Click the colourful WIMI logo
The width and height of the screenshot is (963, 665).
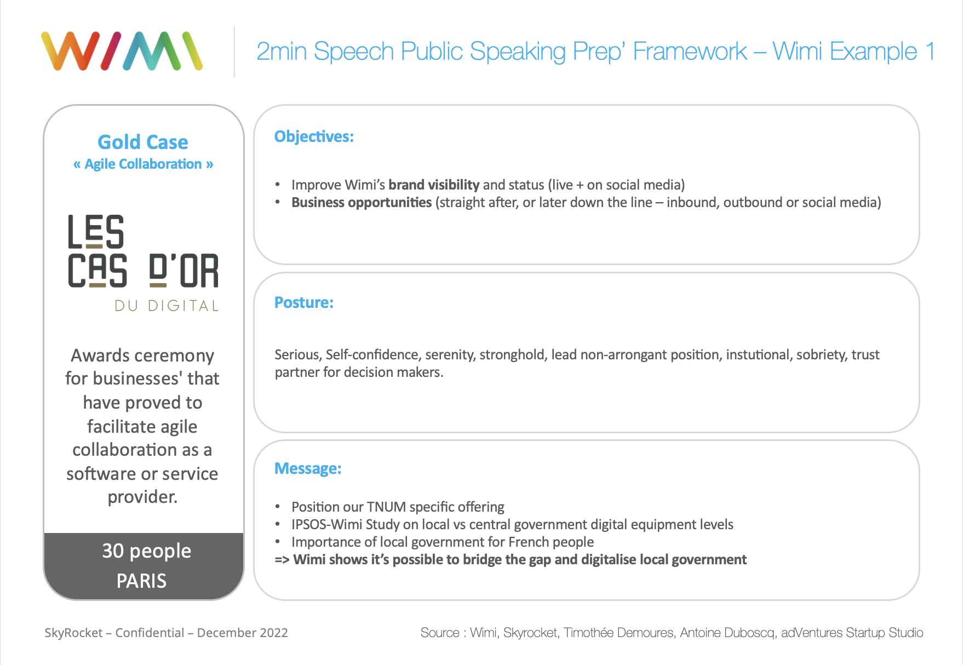[x=122, y=51]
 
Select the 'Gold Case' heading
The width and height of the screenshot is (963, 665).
[x=143, y=142]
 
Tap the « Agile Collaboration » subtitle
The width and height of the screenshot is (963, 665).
[x=143, y=164]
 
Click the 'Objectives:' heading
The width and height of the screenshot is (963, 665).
[x=314, y=136]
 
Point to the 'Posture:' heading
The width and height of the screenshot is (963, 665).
[x=304, y=302]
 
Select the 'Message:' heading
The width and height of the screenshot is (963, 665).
[x=308, y=468]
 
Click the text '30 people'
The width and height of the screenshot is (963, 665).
[x=147, y=551]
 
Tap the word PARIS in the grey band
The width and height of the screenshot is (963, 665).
[x=141, y=581]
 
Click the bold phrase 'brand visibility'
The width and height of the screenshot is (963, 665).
[x=434, y=185]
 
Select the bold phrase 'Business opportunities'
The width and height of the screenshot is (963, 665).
[x=362, y=202]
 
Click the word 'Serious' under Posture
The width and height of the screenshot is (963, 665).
[x=299, y=354]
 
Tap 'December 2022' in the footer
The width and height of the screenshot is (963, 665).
[x=242, y=633]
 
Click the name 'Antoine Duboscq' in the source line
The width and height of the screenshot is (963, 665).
[x=727, y=633]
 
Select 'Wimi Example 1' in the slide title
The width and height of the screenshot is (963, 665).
[x=853, y=51]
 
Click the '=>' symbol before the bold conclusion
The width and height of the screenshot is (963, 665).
[x=282, y=559]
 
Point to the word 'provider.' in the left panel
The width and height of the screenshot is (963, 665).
[x=142, y=497]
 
